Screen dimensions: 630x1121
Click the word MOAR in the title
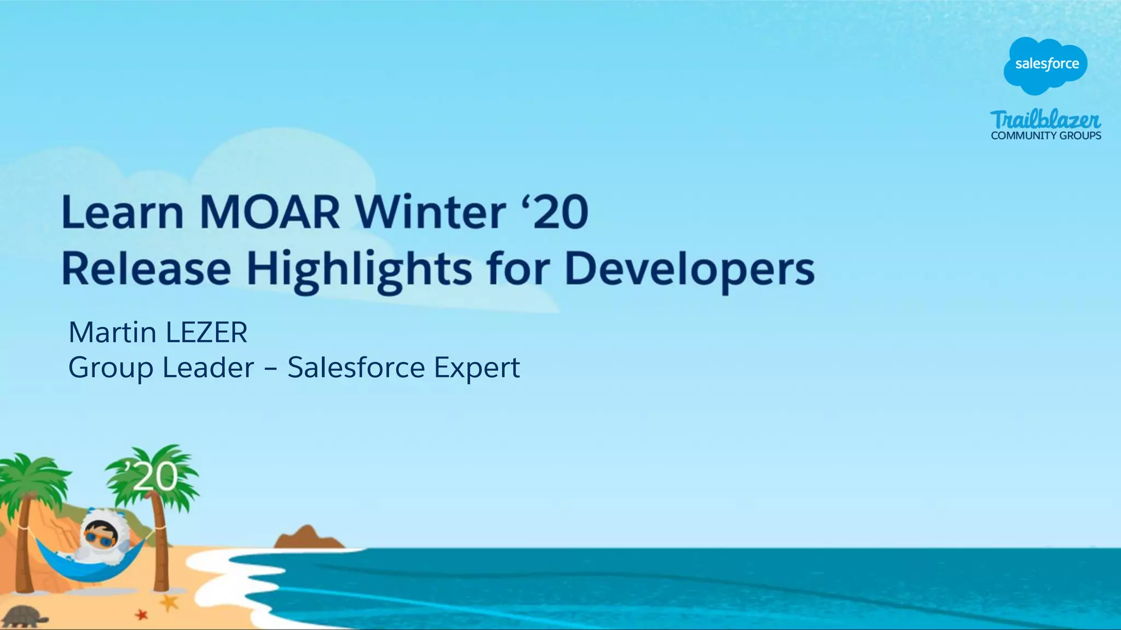coord(269,212)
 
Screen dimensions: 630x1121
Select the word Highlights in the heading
coord(359,269)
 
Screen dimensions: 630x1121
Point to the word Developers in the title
coord(689,269)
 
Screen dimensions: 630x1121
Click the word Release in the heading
coord(146,269)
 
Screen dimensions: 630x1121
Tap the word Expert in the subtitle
coord(476,367)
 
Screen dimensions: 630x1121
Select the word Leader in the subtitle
coord(208,367)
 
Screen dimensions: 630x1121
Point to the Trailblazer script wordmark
coord(1045,120)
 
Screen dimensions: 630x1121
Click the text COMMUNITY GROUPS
coord(1045,136)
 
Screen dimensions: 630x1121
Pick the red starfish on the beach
coord(142,615)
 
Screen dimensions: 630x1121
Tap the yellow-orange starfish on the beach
coord(169,603)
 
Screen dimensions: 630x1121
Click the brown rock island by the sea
coord(308,538)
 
